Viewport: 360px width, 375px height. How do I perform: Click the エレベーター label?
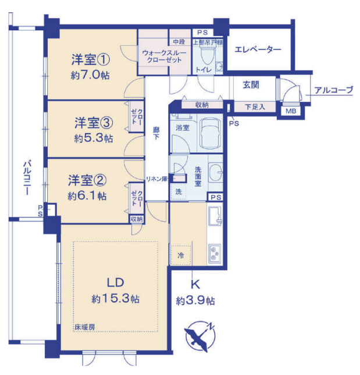[x=258, y=50]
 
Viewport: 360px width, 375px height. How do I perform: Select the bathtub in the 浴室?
[x=210, y=133]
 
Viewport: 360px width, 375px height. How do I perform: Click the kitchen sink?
[x=215, y=216]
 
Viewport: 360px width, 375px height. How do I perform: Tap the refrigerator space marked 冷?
[x=181, y=255]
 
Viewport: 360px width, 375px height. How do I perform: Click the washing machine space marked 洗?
[x=179, y=191]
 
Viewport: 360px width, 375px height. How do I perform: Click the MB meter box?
[x=291, y=111]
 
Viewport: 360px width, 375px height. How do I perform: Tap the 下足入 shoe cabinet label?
[x=255, y=107]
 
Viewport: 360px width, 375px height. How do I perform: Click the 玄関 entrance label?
[x=251, y=85]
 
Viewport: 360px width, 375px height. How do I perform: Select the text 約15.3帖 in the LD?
[x=116, y=298]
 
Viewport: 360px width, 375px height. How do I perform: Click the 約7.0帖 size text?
[x=90, y=76]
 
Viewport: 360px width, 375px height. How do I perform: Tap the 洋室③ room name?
[x=94, y=123]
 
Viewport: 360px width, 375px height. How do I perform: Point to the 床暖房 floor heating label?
[x=85, y=327]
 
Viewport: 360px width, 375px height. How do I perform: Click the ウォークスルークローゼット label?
[x=164, y=56]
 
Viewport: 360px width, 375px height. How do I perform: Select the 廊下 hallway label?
[x=156, y=133]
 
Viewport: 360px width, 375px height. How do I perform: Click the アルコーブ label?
[x=334, y=90]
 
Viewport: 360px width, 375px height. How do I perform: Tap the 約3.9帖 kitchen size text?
[x=195, y=301]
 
